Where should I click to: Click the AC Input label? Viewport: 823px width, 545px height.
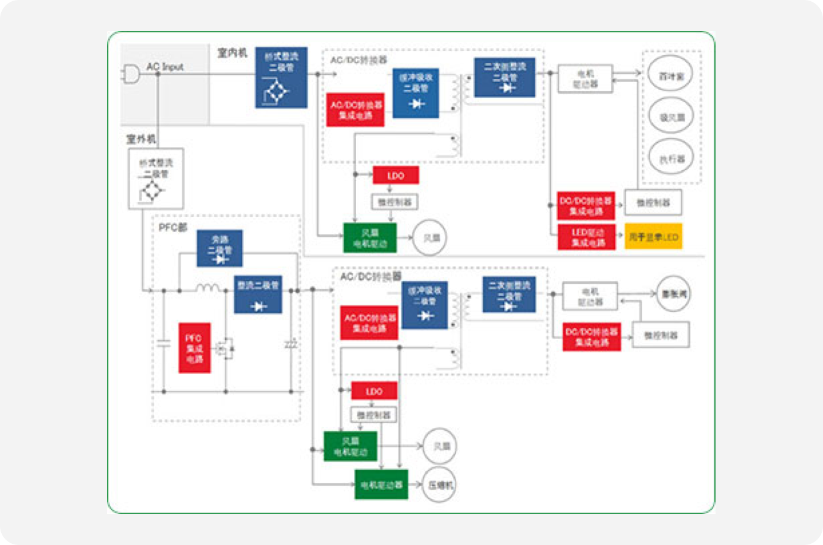click(165, 67)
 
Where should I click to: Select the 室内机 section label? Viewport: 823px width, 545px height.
click(232, 53)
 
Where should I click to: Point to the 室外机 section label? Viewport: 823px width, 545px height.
click(141, 139)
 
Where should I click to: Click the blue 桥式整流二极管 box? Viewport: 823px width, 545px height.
click(281, 77)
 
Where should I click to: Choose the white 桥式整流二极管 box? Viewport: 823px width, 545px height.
click(156, 178)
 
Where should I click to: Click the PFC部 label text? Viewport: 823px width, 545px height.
click(172, 227)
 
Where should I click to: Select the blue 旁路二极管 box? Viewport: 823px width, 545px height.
click(219, 248)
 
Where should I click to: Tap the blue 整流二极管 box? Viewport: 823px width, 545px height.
click(258, 294)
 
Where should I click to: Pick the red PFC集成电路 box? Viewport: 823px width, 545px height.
click(194, 348)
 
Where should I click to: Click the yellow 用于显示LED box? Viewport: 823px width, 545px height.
click(653, 237)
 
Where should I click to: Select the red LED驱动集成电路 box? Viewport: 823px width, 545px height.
click(586, 237)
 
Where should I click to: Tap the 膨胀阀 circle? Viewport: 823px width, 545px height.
click(674, 293)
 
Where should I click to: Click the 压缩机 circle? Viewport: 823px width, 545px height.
click(440, 485)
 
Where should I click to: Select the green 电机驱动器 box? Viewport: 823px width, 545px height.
click(381, 484)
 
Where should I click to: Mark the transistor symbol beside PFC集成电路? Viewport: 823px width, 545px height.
click(224, 347)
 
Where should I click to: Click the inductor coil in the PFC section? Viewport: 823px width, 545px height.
click(208, 289)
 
